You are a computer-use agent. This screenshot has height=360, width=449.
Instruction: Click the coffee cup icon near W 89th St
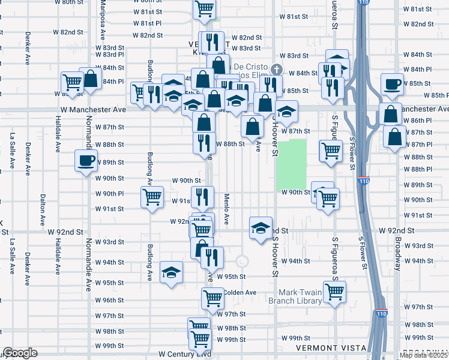[x=85, y=160]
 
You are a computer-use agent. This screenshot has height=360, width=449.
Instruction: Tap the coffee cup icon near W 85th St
[x=393, y=84]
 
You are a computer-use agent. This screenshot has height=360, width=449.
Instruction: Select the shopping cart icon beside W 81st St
[x=204, y=9]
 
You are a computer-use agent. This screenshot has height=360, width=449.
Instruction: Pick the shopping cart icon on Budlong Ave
[x=152, y=196]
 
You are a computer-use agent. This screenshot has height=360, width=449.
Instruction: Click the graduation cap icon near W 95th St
[x=171, y=272]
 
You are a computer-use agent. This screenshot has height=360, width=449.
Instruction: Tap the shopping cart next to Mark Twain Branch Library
[x=334, y=292]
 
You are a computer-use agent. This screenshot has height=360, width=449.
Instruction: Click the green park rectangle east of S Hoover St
[x=292, y=162]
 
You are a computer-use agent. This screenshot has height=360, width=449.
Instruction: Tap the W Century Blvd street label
[x=184, y=355]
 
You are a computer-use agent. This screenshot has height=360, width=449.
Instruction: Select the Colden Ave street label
[x=241, y=293]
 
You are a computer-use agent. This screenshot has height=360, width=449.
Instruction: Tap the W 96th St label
[x=109, y=300]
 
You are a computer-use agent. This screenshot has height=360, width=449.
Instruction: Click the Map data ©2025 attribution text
[x=423, y=355]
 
